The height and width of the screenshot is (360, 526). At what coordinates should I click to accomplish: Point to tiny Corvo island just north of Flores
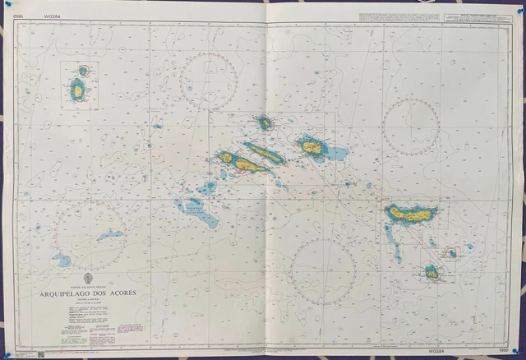(x=83, y=72)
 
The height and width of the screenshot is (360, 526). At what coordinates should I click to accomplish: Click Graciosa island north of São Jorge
(x=265, y=123)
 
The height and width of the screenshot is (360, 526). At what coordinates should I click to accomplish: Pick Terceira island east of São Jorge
(x=311, y=147)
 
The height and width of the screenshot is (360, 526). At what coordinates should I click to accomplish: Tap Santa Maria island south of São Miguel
(x=431, y=270)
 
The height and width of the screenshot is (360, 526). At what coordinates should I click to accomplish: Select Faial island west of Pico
(x=226, y=156)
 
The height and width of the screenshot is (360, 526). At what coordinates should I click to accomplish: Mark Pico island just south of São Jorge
(x=247, y=165)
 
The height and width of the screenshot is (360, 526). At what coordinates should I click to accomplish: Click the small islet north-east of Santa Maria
(x=451, y=252)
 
